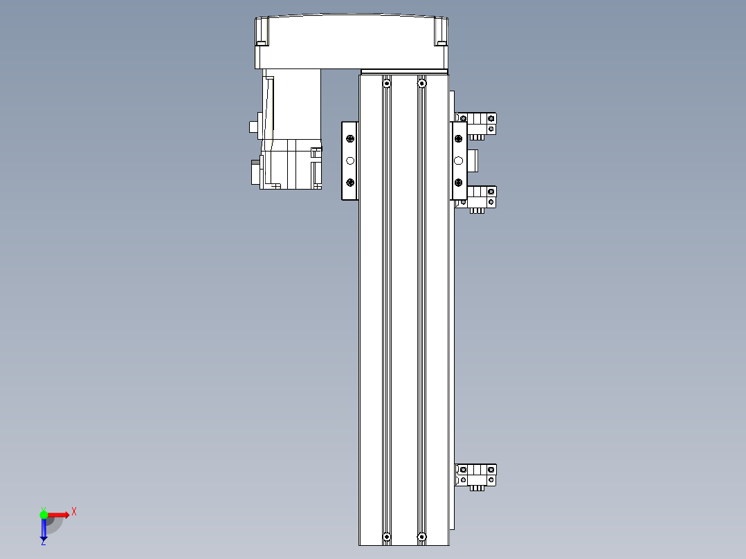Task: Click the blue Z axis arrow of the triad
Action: point(44,531)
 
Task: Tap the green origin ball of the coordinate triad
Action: point(44,514)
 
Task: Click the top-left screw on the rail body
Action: point(386,84)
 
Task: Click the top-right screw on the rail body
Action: point(421,84)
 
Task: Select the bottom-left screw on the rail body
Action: point(386,537)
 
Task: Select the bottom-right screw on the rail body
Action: point(421,536)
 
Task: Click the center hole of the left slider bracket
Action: point(350,161)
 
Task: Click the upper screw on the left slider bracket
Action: point(350,139)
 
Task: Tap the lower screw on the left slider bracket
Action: point(350,183)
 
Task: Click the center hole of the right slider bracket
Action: point(458,161)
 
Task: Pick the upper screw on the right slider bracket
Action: point(458,139)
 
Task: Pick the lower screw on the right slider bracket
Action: point(458,183)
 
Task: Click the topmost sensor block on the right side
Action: point(477,123)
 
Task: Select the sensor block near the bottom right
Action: point(477,475)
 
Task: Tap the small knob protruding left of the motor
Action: point(253,127)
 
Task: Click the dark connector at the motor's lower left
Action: point(255,172)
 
